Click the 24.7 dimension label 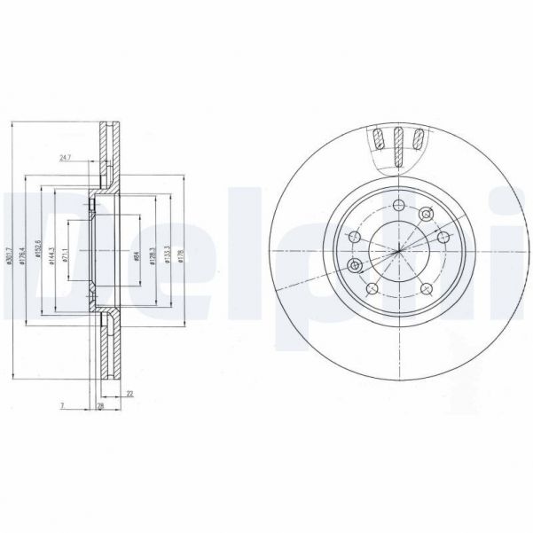[x=65, y=158]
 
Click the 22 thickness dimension [x=129, y=393]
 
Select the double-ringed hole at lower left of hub [x=355, y=266]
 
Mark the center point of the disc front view [x=398, y=251]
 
